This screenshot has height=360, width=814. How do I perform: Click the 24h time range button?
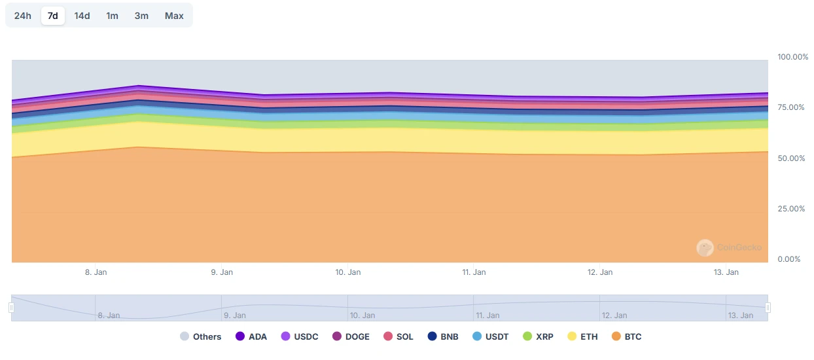[23, 16]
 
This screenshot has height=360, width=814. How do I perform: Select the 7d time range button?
[53, 16]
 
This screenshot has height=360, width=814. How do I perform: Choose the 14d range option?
[82, 16]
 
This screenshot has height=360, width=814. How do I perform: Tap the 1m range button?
[113, 16]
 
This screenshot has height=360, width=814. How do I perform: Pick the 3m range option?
[141, 16]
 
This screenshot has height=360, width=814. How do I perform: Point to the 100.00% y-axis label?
[792, 57]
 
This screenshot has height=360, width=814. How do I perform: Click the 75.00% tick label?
[790, 107]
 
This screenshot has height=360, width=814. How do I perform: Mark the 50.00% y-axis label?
[790, 158]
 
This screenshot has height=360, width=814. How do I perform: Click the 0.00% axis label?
[788, 259]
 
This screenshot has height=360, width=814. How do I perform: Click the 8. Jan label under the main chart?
[96, 272]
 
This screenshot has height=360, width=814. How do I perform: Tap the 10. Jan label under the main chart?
[347, 272]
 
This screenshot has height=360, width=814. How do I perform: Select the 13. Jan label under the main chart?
[726, 272]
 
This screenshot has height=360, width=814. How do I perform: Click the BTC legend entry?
[626, 336]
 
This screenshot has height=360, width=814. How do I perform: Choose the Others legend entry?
[201, 336]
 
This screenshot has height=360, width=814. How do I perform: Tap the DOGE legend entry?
[351, 336]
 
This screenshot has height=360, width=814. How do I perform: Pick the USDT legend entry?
[491, 336]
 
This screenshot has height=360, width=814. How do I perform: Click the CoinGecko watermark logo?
[705, 247]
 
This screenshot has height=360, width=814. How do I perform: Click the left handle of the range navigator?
[11, 308]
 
